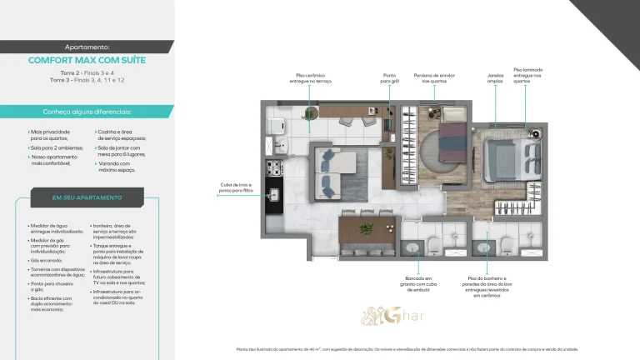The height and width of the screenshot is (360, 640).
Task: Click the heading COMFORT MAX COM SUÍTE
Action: [87, 60]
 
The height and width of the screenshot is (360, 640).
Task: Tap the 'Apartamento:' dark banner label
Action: [87, 47]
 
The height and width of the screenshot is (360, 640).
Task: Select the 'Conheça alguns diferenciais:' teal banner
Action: [87, 111]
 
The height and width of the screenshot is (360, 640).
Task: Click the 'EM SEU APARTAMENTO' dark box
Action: [87, 197]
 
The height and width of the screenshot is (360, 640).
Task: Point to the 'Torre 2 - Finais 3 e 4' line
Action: [87, 73]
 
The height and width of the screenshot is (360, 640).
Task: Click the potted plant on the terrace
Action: [309, 115]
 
